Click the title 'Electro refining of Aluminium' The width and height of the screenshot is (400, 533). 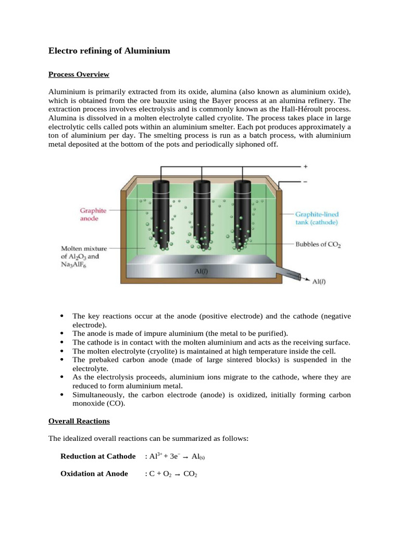click(x=109, y=51)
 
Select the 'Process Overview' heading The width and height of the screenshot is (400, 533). click(x=79, y=74)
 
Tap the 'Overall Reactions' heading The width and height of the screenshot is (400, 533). click(x=79, y=421)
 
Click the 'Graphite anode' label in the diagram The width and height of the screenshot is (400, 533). click(x=93, y=214)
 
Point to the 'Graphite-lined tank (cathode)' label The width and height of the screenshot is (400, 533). click(x=317, y=218)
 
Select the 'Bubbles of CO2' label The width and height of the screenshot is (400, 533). click(x=318, y=244)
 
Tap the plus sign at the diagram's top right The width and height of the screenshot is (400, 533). click(x=305, y=167)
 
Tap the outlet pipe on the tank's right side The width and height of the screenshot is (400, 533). click(x=289, y=274)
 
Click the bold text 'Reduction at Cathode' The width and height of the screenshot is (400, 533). click(x=98, y=456)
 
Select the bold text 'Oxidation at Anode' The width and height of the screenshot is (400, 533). click(x=94, y=474)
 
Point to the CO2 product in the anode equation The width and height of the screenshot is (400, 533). click(x=190, y=475)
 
